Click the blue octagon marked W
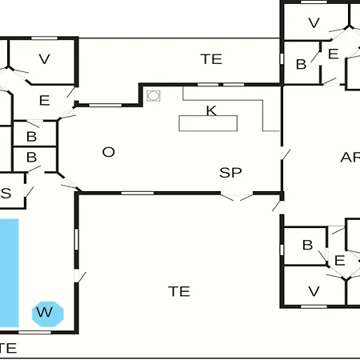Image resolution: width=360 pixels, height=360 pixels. pyautogui.click(x=48, y=314)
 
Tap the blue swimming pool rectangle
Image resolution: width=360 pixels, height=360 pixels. pyautogui.click(x=9, y=273)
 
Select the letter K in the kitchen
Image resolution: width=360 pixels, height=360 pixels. pyautogui.click(x=211, y=110)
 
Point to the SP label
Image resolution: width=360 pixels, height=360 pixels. pyautogui.click(x=230, y=173)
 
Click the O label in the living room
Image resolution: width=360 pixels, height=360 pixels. pyautogui.click(x=109, y=152)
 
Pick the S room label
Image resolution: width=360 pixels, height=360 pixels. pyautogui.click(x=6, y=193)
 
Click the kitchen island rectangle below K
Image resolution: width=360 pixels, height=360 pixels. pyautogui.click(x=208, y=123)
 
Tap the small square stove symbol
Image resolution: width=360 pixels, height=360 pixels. pyautogui.click(x=154, y=96)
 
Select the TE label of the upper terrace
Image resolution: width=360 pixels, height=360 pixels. pyautogui.click(x=211, y=59)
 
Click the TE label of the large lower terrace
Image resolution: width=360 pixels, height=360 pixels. pyautogui.click(x=179, y=291)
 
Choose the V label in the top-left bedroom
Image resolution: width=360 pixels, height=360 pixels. pyautogui.click(x=44, y=59)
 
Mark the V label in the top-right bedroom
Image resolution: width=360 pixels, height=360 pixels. pyautogui.click(x=314, y=23)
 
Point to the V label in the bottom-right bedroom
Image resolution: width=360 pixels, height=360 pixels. pyautogui.click(x=314, y=291)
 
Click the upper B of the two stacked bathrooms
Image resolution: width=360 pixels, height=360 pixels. pyautogui.click(x=32, y=137)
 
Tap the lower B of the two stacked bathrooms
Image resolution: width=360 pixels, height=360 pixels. pyautogui.click(x=32, y=157)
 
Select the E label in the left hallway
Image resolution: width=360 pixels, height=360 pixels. pyautogui.click(x=45, y=101)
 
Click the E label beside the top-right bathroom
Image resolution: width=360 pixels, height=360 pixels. pyautogui.click(x=334, y=54)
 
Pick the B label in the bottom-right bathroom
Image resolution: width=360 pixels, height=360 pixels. pyautogui.click(x=307, y=245)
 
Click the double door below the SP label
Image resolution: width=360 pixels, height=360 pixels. pyautogui.click(x=237, y=196)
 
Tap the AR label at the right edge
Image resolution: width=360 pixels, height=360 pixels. pyautogui.click(x=350, y=158)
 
